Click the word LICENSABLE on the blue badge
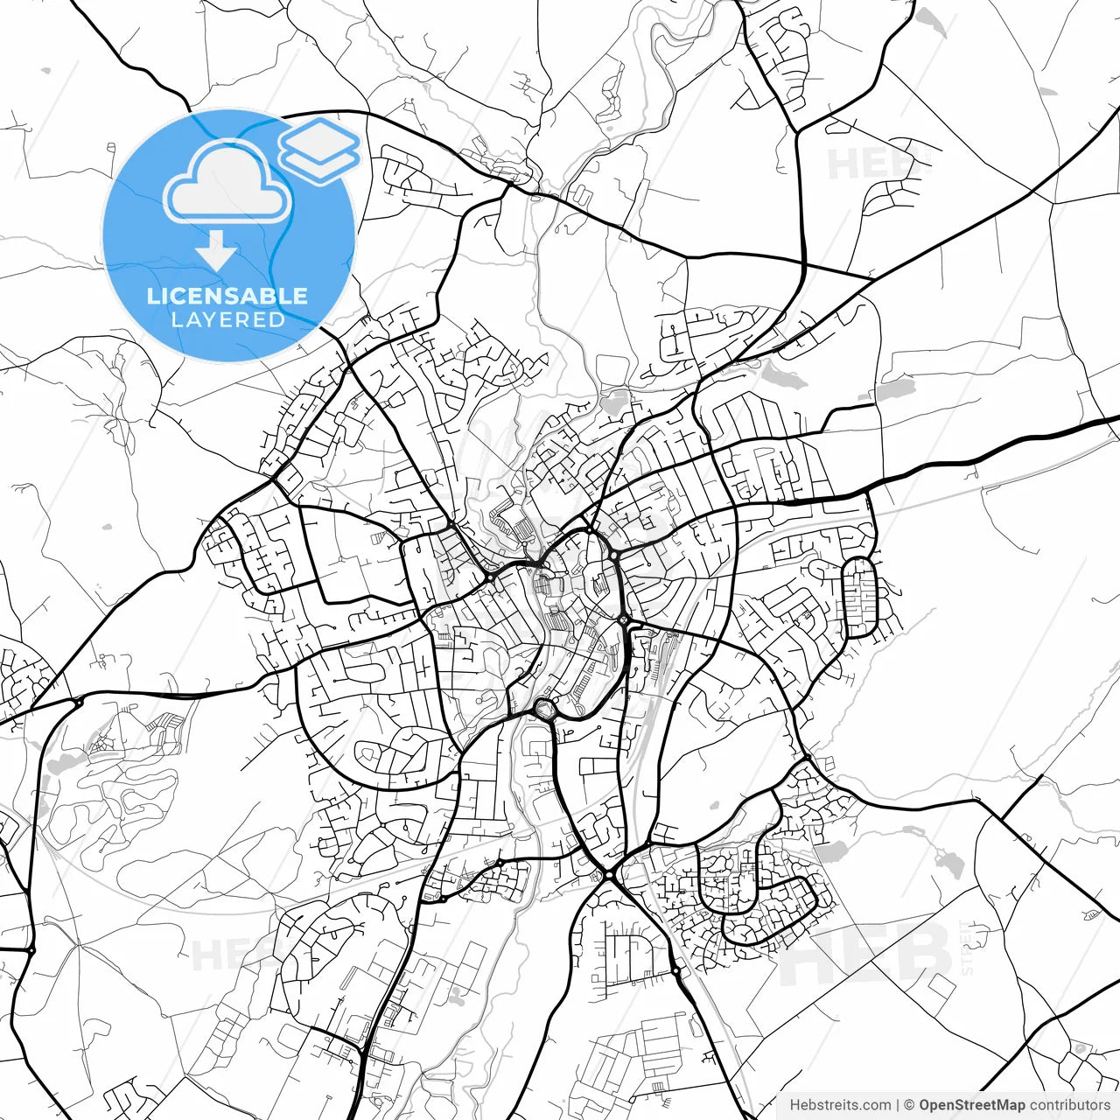(227, 296)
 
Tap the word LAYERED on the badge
(227, 320)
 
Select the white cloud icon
(227, 182)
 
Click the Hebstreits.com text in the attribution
(841, 1105)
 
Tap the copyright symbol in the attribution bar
(910, 1105)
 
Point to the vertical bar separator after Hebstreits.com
(899, 1105)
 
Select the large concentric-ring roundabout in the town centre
(544, 708)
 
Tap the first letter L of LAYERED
(176, 320)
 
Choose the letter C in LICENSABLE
(180, 296)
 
